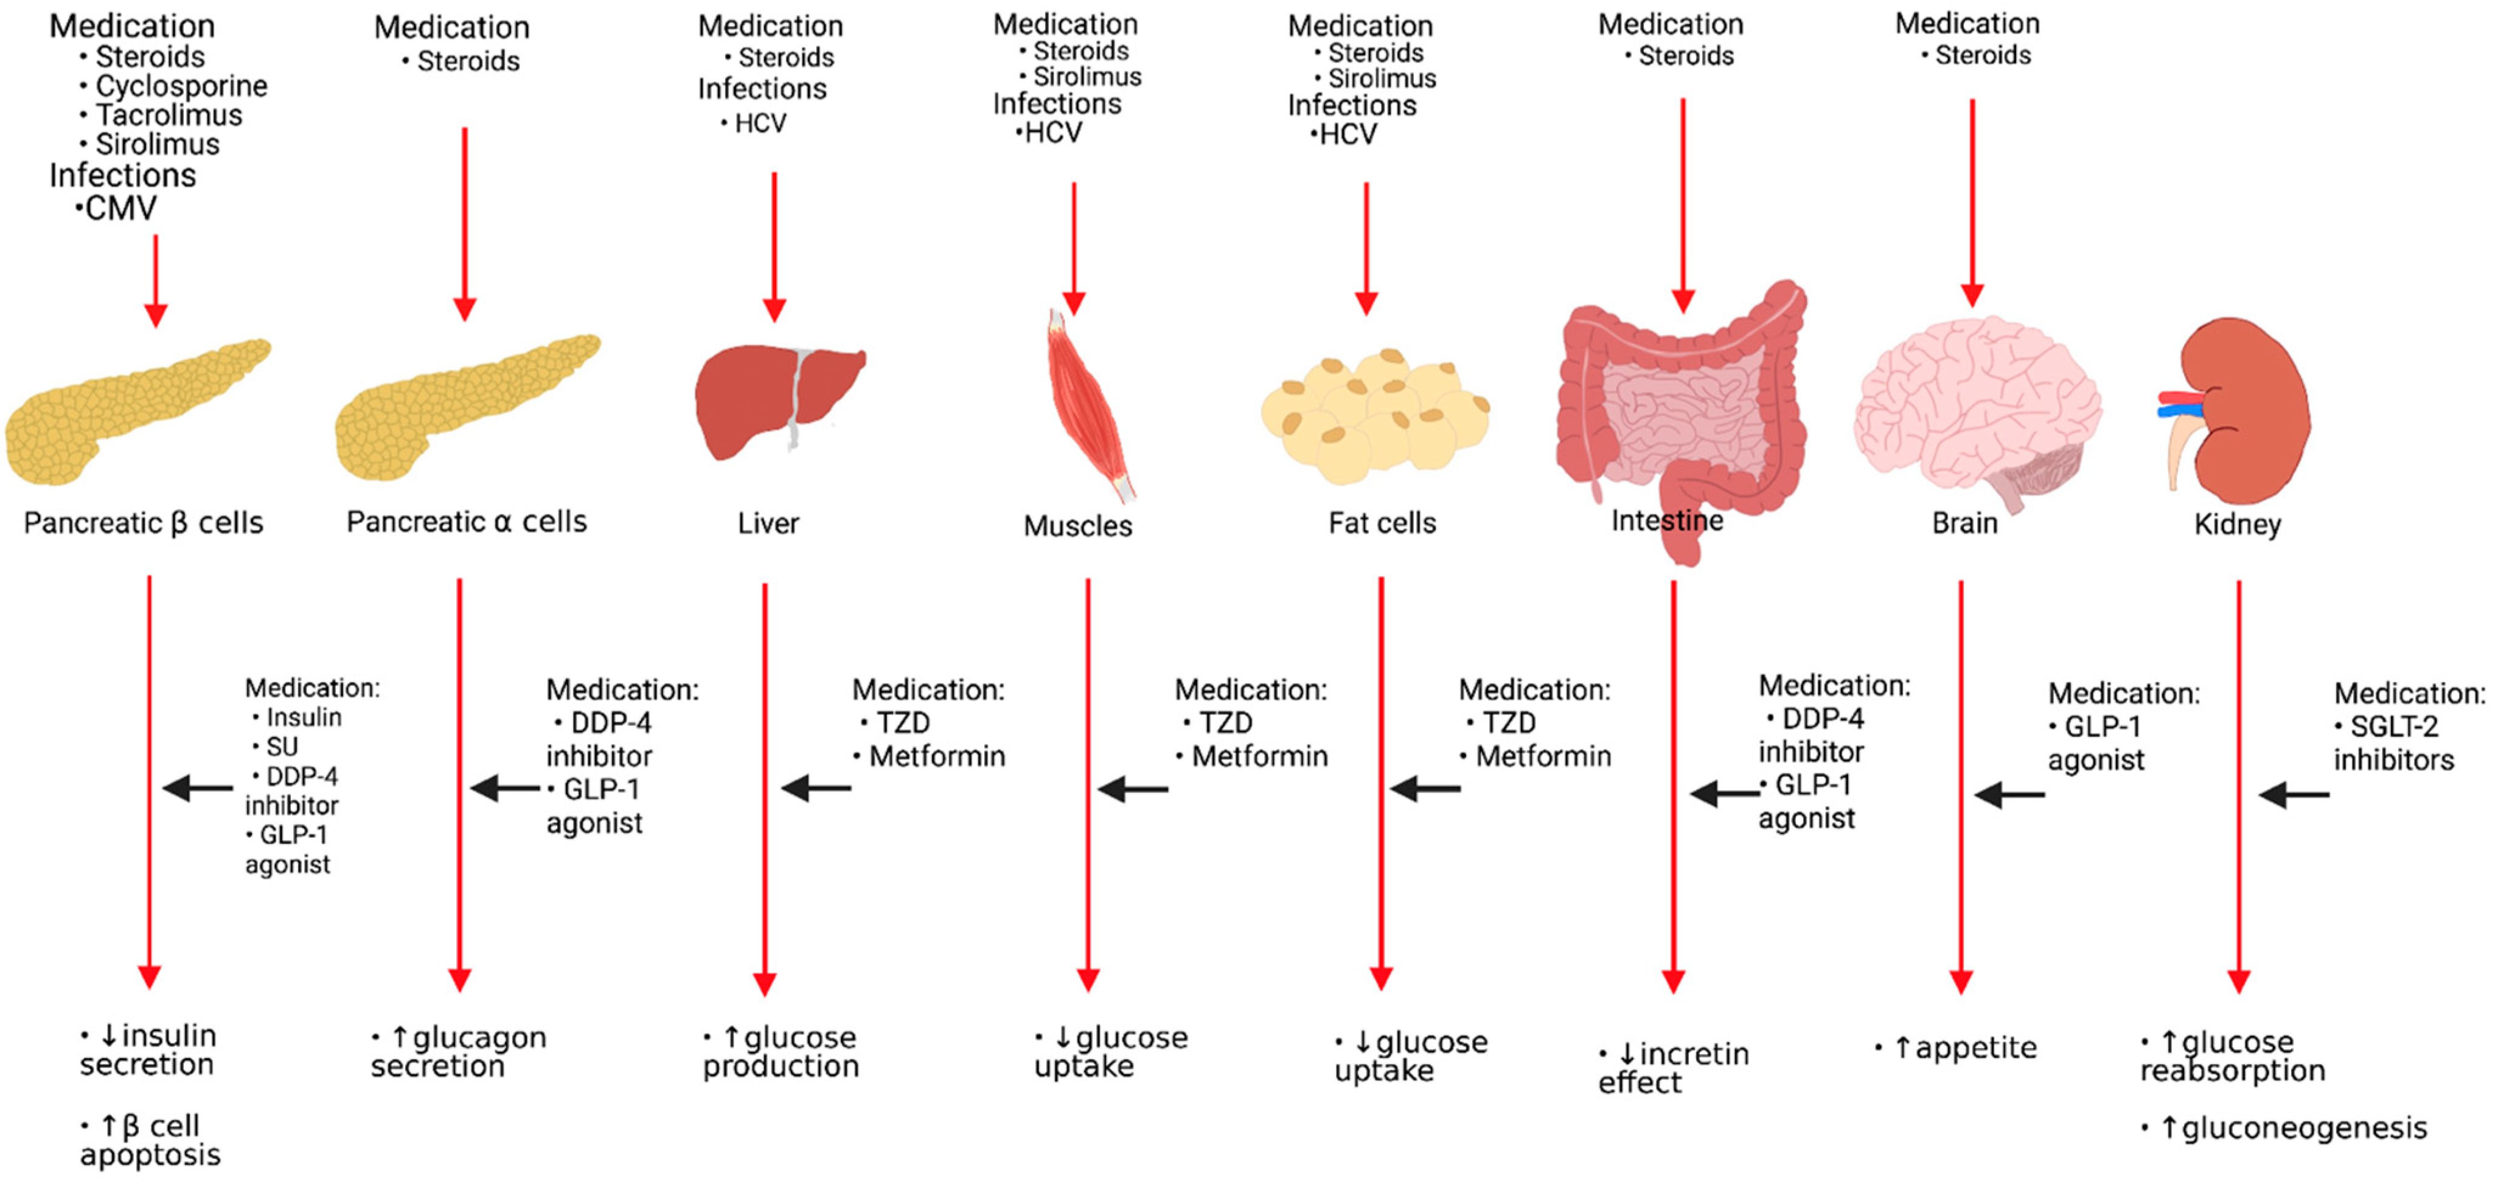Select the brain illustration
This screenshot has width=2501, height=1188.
tap(1976, 407)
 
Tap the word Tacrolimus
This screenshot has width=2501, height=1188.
tap(168, 116)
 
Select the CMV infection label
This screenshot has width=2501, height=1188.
tap(119, 209)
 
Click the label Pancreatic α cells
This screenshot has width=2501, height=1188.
tap(466, 522)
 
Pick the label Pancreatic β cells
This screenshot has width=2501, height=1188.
tap(144, 523)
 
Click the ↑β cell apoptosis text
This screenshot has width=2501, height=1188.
tap(150, 1141)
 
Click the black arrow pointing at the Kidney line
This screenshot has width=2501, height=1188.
tap(2293, 795)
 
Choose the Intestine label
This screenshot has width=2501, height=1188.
tap(1666, 521)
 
